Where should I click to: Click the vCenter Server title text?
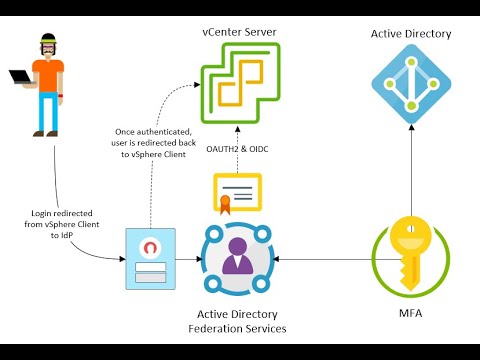tap(238, 33)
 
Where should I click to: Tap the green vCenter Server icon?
tap(238, 88)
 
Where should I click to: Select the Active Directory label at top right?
tap(410, 34)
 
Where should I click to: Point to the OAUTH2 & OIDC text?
tap(239, 151)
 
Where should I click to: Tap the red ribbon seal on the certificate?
tap(226, 203)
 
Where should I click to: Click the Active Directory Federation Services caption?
tap(238, 320)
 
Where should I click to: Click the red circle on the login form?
tap(150, 247)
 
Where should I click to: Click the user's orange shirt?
tap(48, 78)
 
